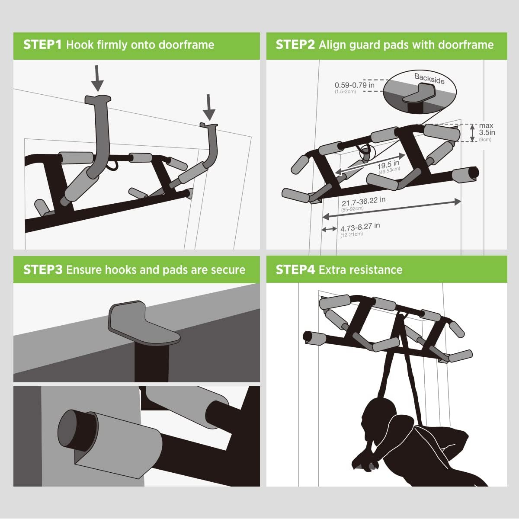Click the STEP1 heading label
(42, 45)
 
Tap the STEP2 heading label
(295, 45)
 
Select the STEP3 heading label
(42, 270)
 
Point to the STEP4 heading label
(295, 270)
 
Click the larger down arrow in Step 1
(99, 79)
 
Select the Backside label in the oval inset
(429, 78)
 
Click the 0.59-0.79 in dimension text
(355, 85)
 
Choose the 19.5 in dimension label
(388, 166)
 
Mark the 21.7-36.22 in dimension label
(363, 202)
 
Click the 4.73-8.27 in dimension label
(360, 227)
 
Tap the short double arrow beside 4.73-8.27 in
(329, 229)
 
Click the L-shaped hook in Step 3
(143, 324)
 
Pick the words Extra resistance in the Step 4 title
(360, 270)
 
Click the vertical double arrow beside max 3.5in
(472, 133)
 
